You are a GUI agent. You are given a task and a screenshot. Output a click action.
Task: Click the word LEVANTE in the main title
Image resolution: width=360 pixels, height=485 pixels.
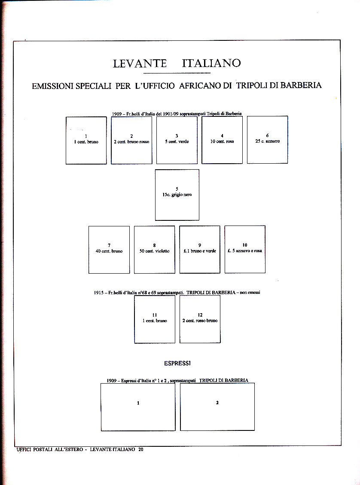(140, 64)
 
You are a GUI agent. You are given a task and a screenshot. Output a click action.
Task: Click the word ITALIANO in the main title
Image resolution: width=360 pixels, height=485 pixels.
(211, 64)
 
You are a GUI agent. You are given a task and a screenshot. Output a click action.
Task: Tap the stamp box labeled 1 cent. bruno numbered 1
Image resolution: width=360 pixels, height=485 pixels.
(86, 140)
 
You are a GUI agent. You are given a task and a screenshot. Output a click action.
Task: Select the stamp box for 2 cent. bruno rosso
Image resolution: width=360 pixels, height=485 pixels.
(131, 140)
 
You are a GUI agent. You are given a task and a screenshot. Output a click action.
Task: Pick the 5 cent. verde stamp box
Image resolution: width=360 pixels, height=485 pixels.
(177, 140)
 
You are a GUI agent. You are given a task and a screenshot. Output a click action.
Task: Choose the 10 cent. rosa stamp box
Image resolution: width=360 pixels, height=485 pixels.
(222, 140)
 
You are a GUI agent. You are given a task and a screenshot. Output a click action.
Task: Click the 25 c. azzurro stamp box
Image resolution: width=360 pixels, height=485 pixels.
(267, 140)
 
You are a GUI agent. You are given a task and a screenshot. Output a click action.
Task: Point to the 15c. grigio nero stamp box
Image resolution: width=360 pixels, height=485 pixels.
(177, 195)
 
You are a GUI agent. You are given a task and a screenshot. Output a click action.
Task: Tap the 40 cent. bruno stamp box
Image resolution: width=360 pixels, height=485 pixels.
(109, 250)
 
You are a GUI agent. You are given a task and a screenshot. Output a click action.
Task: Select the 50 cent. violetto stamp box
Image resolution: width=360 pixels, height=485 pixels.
(154, 250)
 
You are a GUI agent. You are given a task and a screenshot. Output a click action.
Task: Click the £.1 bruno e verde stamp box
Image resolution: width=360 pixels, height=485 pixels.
(199, 250)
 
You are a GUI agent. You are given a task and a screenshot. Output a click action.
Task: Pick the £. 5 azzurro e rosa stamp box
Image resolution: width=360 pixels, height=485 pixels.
(245, 250)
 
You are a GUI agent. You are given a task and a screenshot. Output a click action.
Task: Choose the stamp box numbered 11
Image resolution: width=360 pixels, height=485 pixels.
(155, 319)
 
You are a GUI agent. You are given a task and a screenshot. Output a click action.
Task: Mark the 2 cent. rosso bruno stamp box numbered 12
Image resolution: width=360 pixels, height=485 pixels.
(200, 319)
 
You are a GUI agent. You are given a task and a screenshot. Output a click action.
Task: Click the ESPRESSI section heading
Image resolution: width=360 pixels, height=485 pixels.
(177, 363)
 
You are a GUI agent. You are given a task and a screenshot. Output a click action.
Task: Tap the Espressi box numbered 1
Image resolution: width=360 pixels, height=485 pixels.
(138, 407)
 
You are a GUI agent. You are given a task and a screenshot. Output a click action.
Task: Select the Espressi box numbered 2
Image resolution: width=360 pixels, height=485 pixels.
(217, 407)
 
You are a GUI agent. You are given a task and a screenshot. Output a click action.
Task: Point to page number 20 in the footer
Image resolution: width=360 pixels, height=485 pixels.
(140, 449)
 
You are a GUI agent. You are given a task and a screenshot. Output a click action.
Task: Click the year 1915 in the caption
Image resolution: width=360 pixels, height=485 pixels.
(99, 292)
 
